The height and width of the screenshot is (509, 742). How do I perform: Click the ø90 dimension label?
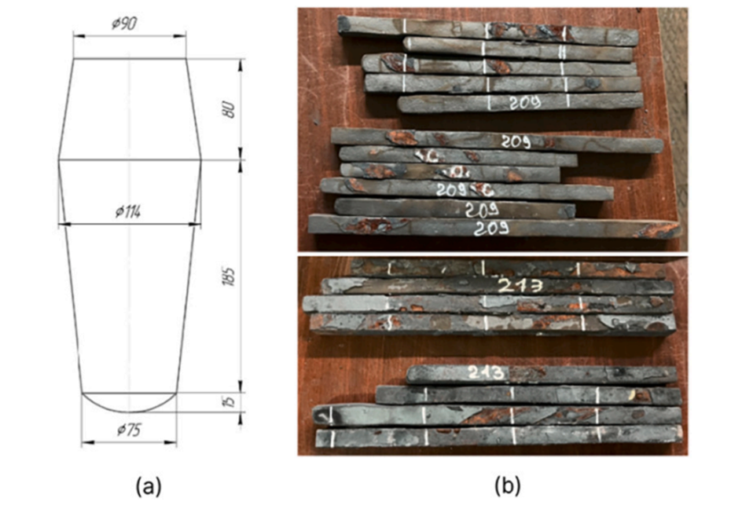point(125,24)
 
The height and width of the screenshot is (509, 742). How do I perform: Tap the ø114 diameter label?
point(127,212)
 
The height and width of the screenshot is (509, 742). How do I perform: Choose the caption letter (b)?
point(505,487)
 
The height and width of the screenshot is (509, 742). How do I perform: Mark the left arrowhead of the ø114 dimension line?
point(63,223)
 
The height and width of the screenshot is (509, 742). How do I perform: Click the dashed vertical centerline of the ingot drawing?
point(129,298)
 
